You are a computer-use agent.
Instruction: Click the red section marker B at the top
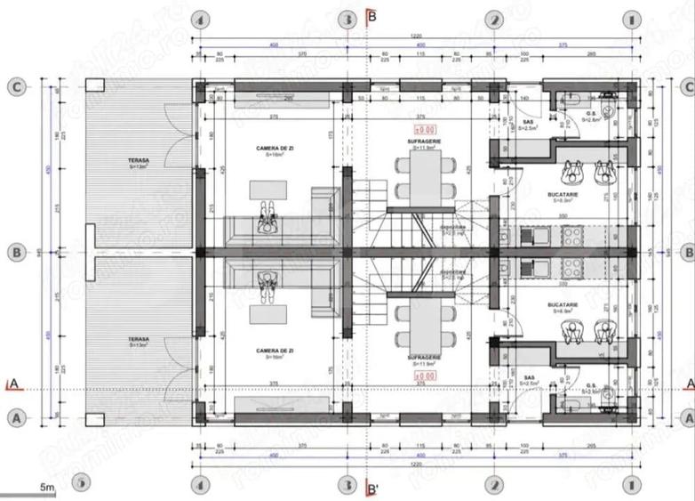click(371, 15)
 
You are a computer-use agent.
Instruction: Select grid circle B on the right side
click(686, 252)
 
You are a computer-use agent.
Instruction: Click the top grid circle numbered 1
click(632, 19)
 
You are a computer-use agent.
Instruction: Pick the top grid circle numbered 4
click(201, 19)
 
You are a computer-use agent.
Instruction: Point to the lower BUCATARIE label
click(564, 305)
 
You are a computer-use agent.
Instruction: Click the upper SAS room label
click(528, 122)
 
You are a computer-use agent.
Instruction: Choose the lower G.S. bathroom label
click(589, 385)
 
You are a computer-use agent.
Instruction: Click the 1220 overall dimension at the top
click(416, 36)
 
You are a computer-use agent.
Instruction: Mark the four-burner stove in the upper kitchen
click(570, 236)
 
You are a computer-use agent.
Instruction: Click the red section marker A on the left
click(12, 384)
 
